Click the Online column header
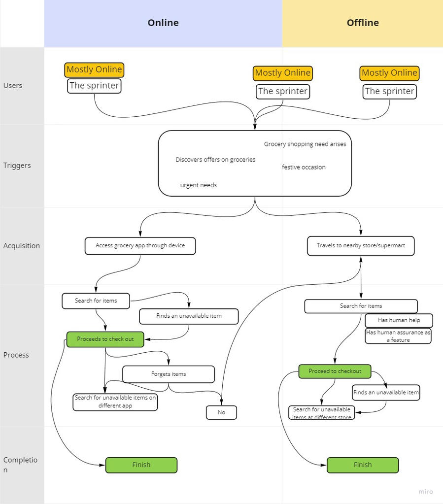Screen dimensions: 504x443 [x=163, y=23]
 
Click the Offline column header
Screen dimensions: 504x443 [x=363, y=23]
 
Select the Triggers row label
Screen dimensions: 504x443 [x=17, y=166]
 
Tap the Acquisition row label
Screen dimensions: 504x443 [x=22, y=246]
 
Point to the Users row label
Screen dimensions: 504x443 [x=13, y=85]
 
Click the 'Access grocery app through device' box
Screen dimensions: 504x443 [x=140, y=246]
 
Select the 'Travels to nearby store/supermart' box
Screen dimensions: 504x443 [x=361, y=246]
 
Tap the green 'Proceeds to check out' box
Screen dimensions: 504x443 [x=105, y=339]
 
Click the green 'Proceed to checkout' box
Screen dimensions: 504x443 [x=335, y=371]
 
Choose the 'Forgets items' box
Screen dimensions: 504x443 [x=169, y=374]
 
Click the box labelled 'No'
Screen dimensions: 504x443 [x=221, y=412]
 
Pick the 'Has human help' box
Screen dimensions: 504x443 [x=399, y=320]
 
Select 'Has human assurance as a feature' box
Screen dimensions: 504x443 [x=398, y=336]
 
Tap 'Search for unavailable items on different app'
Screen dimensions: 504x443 [x=115, y=402]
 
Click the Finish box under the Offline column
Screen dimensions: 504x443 [x=363, y=465]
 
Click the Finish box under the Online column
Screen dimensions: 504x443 [x=141, y=465]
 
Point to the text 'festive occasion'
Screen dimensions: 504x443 [x=304, y=168]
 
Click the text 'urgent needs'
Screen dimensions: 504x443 [x=199, y=185]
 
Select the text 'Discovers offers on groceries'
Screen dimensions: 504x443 [x=215, y=160]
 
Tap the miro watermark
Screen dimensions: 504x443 [x=426, y=492]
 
